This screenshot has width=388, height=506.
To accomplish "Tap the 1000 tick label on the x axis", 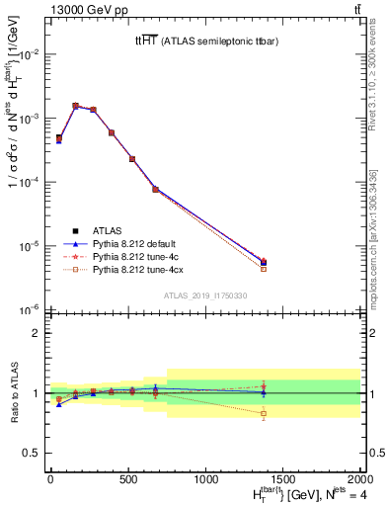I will click(205, 481).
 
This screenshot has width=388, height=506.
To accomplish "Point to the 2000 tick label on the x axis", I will click(359, 481).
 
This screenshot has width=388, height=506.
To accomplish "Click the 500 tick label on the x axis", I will click(127, 481).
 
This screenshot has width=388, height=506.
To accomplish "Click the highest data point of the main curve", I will click(76, 106).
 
